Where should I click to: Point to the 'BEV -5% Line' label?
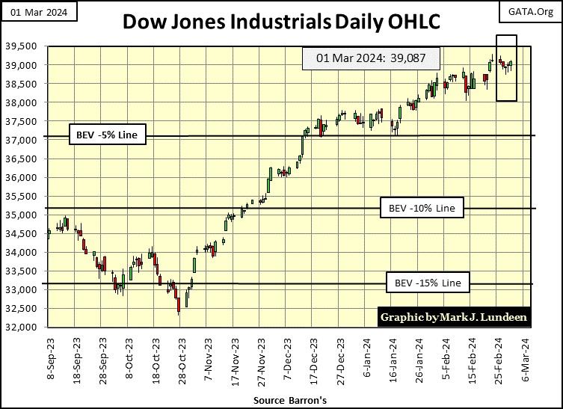point(107,135)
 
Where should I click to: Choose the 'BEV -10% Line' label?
point(422,207)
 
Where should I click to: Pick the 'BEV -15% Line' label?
point(428,283)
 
